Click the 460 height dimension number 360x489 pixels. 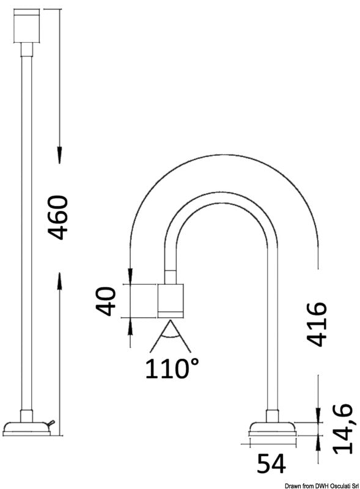tap(58, 218)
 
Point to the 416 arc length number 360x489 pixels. tap(316, 324)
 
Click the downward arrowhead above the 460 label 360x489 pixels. tap(59, 155)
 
